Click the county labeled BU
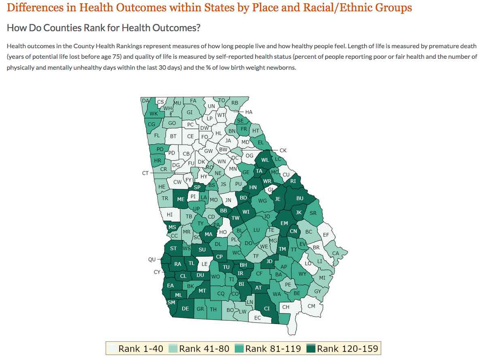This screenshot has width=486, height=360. pyautogui.click(x=300, y=199)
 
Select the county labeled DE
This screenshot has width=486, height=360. pyautogui.click(x=185, y=309)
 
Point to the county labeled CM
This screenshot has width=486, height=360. pyautogui.click(x=311, y=306)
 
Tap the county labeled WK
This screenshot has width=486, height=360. pyautogui.click(x=153, y=114)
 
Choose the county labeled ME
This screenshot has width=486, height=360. pyautogui.click(x=181, y=199)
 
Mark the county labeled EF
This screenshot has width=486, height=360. pyautogui.click(x=326, y=235)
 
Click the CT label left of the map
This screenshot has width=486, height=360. pyautogui.click(x=145, y=173)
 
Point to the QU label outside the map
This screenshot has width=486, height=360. pyautogui.click(x=152, y=259)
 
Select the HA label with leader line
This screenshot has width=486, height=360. pyautogui.click(x=249, y=112)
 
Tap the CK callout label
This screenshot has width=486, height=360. pyautogui.click(x=283, y=150)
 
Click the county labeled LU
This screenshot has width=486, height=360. pyautogui.click(x=256, y=230)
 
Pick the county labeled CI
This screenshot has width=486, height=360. pyautogui.click(x=266, y=309)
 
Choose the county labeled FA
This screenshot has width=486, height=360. pyautogui.click(x=193, y=101)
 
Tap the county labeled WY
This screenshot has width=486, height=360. pyautogui.click(x=302, y=274)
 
